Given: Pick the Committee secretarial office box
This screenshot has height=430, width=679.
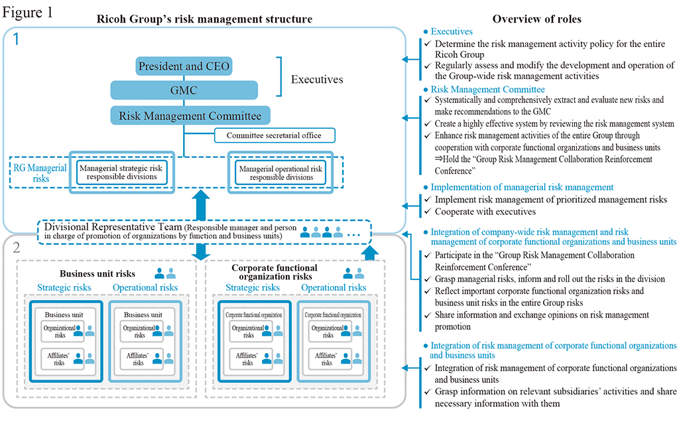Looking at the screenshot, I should tap(275, 136).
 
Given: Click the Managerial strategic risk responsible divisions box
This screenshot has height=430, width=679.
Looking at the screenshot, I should tap(122, 173).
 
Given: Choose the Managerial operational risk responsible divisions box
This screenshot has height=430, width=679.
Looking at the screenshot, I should tap(281, 173).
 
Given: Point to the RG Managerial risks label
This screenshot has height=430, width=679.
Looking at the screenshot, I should tap(40, 173).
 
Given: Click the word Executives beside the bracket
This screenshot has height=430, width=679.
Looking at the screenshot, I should tap(317, 80).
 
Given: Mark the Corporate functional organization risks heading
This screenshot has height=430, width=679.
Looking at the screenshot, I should tap(275, 272).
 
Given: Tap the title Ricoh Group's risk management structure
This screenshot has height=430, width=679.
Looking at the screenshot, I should tap(204, 19).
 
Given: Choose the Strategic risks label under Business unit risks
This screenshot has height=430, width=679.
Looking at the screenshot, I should tap(65, 287).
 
